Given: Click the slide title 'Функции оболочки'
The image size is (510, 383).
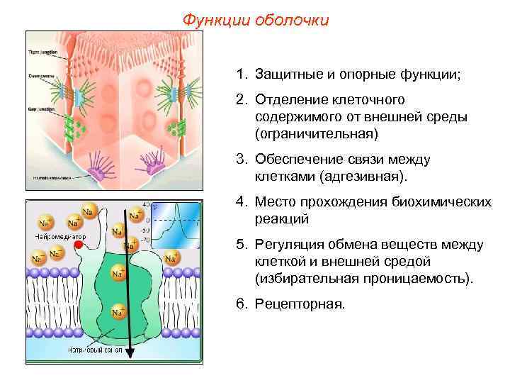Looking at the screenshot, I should click(256, 19).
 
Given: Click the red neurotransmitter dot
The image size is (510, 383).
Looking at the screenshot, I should click(79, 244).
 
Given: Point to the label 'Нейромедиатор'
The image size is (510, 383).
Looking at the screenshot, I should click(61, 235).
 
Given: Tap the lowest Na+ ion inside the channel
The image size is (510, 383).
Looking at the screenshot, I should click(118, 311).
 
